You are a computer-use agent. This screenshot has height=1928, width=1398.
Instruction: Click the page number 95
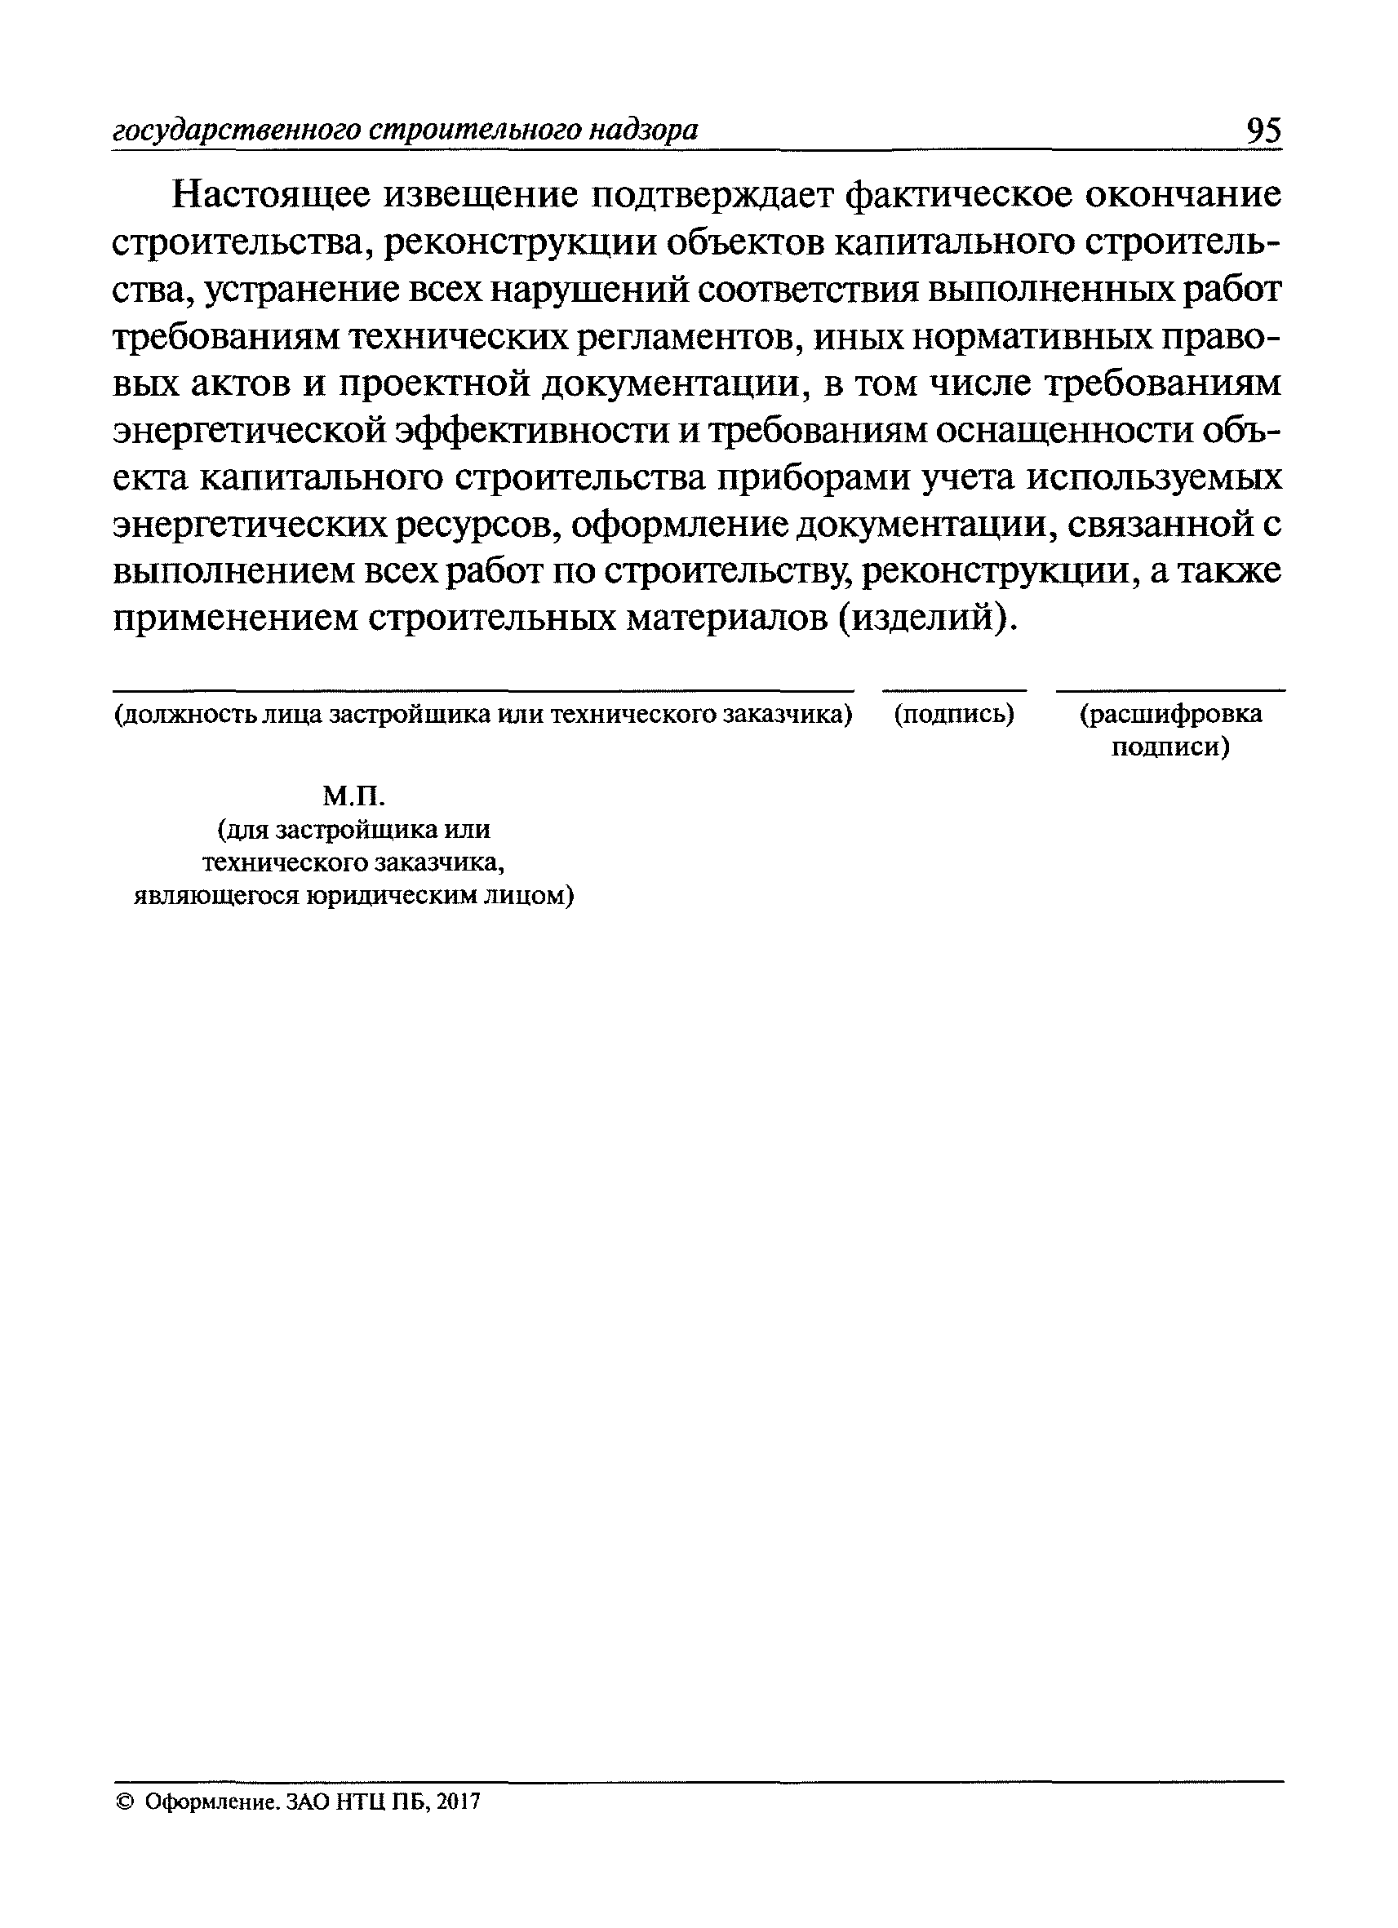1262,131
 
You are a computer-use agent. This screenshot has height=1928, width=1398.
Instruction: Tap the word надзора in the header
645,131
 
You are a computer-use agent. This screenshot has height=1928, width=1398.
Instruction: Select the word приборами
813,479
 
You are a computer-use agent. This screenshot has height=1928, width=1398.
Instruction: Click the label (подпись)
953,715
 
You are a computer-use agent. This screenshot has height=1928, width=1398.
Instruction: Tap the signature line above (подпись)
953,691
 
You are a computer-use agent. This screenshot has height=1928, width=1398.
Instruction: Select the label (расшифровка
1171,715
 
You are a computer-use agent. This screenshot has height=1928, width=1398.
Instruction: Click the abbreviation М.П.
353,796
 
